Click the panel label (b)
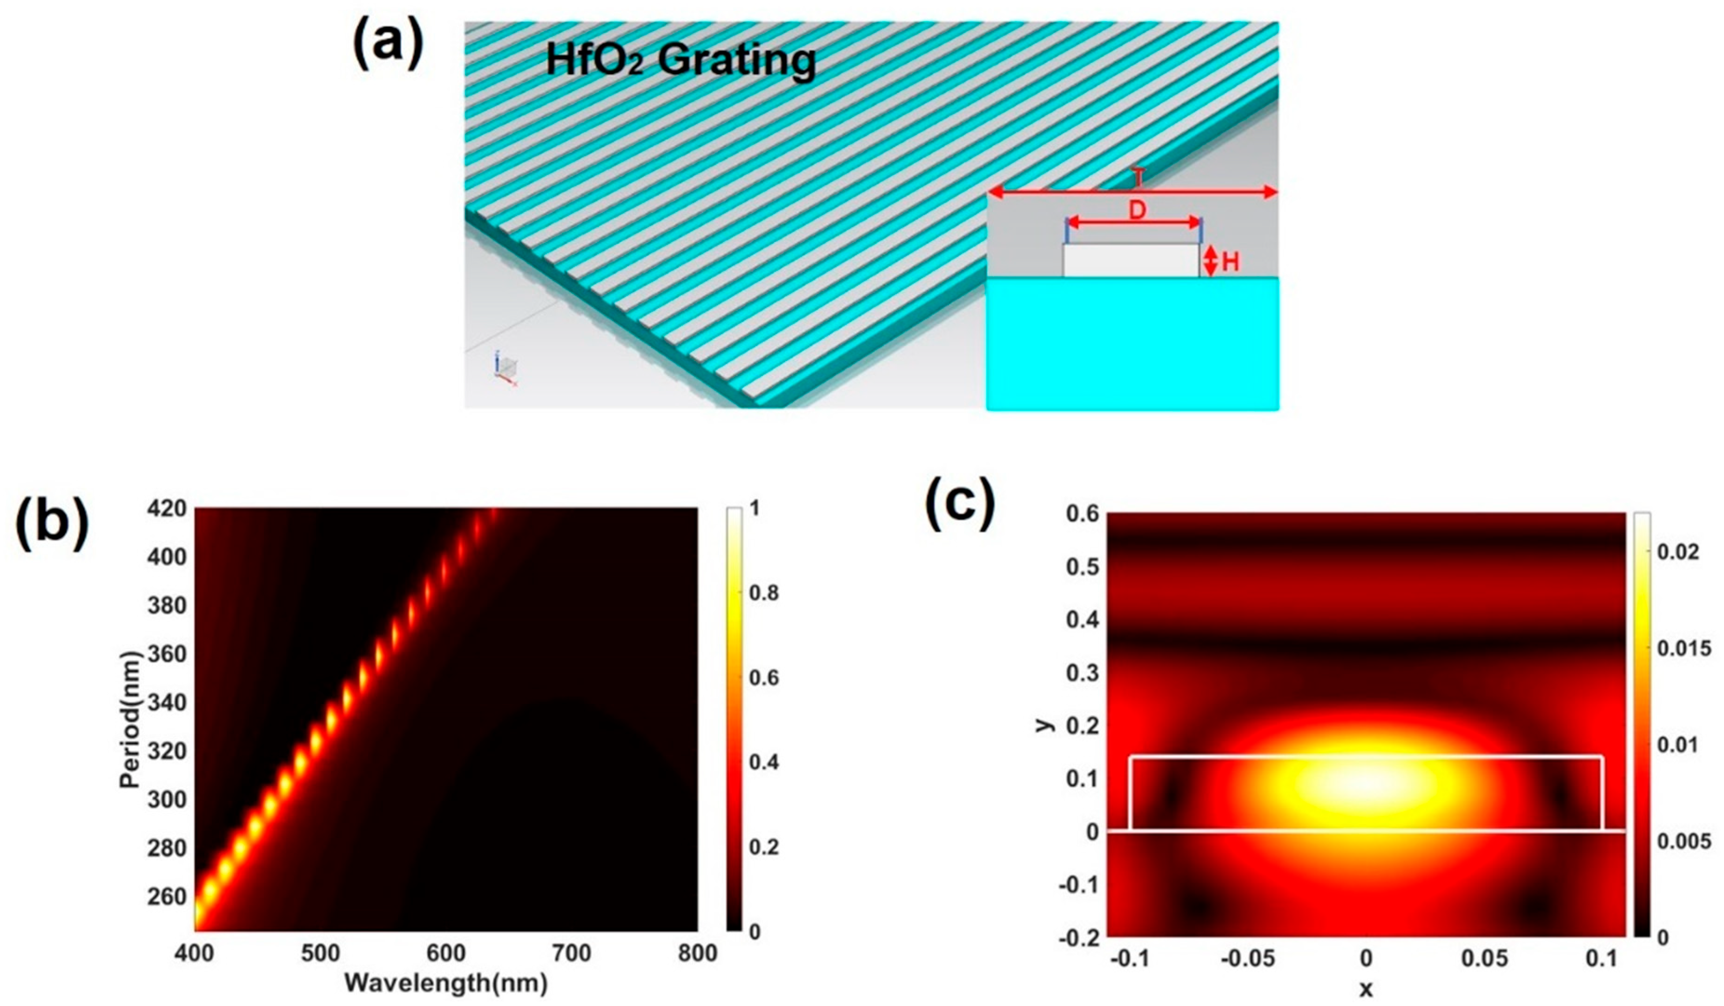click(x=53, y=529)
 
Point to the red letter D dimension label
click(x=1136, y=211)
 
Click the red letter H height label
click(x=1230, y=262)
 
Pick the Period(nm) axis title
click(x=130, y=719)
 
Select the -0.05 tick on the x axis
click(x=1248, y=959)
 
